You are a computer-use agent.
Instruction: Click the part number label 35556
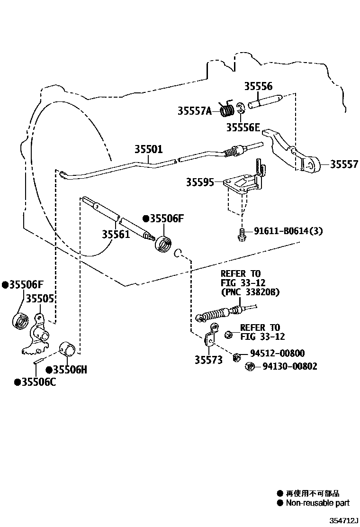click(258, 86)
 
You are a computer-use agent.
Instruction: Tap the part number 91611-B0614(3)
click(289, 231)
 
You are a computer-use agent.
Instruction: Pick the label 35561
click(116, 234)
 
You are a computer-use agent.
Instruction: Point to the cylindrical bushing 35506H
click(69, 350)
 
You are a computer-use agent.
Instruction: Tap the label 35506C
click(35, 382)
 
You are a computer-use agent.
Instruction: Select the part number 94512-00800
click(277, 354)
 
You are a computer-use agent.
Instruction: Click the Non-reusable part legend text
click(317, 503)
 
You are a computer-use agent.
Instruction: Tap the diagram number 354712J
click(343, 521)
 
